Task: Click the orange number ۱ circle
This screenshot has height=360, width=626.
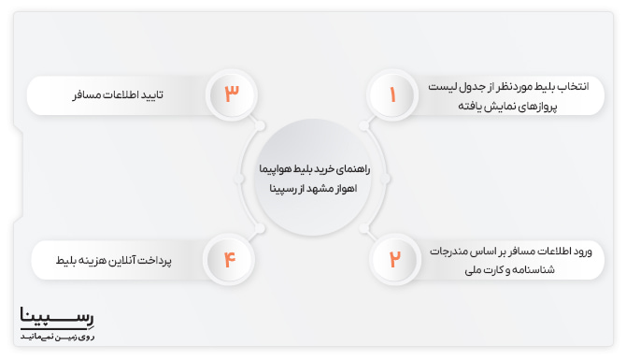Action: click(392, 94)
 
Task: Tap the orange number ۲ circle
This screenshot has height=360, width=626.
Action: click(393, 258)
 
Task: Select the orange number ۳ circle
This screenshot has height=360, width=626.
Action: click(231, 94)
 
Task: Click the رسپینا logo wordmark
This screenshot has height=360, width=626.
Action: click(57, 318)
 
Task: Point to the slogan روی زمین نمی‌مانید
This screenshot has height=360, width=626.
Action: click(57, 335)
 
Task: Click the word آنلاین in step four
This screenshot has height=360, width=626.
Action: click(136, 258)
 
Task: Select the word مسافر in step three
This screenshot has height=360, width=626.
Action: click(87, 94)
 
